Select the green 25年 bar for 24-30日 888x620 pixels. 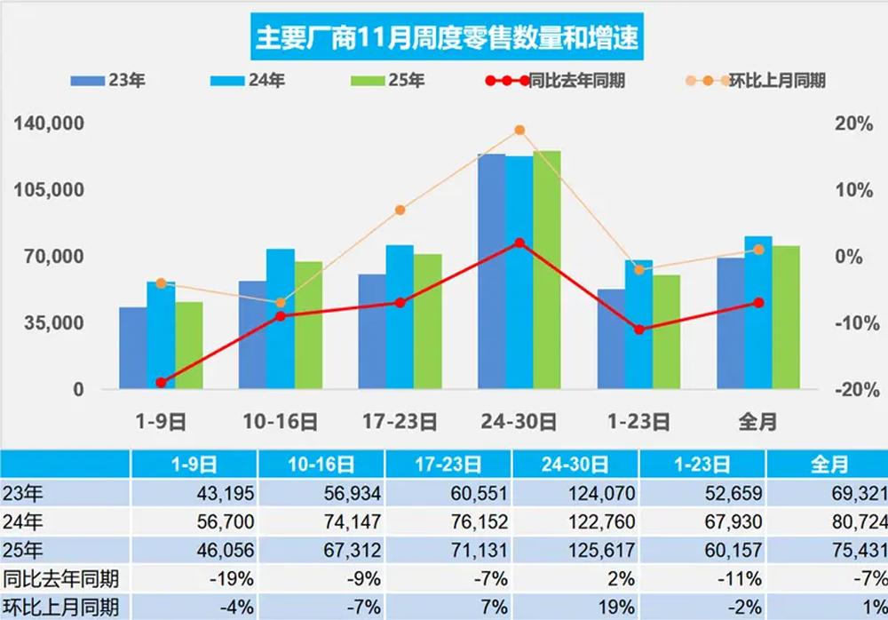click(x=547, y=270)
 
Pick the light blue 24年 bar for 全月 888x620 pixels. click(x=758, y=313)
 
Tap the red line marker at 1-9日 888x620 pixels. click(x=161, y=382)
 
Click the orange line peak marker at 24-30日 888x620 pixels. click(x=519, y=131)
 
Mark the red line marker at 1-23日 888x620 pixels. click(x=639, y=330)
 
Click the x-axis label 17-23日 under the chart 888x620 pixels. click(x=400, y=421)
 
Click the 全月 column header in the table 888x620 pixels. click(x=828, y=464)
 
